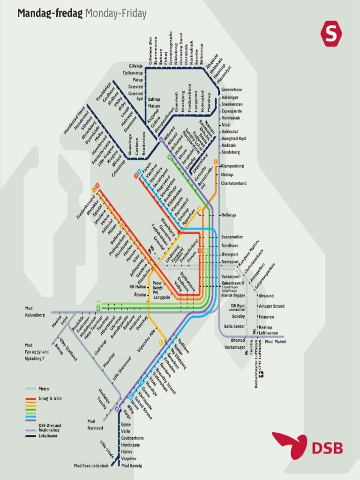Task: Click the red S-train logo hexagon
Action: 331,34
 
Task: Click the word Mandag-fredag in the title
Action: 50,14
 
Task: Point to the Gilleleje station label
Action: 135,66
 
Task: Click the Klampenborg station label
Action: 233,166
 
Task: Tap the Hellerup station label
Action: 228,215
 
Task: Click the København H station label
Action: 233,284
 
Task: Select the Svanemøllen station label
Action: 232,237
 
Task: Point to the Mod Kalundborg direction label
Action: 36,312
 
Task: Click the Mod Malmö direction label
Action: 276,342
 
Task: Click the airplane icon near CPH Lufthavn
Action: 262,374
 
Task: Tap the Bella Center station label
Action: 235,326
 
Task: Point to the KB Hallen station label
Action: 138,287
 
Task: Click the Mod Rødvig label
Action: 132,465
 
